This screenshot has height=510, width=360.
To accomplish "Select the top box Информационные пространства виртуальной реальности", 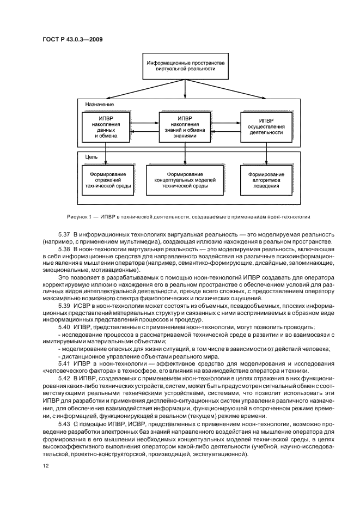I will click(x=185, y=66).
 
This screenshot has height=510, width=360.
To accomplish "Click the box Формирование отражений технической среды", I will click(x=105, y=180).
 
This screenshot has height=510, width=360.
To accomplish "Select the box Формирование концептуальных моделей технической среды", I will click(x=185, y=180).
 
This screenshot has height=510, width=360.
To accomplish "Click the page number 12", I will click(x=45, y=465).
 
